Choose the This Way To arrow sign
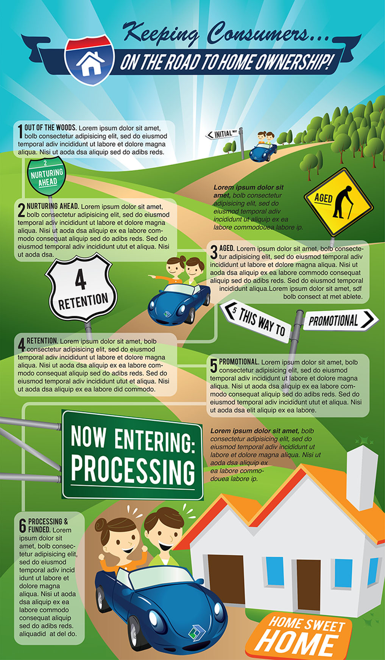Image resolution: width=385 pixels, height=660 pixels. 256,321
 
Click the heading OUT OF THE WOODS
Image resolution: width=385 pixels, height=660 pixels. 50,127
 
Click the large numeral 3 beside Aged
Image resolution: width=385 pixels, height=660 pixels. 214,252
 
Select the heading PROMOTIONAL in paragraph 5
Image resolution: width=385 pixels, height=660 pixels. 239,362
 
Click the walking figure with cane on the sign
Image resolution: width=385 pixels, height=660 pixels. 343,202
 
